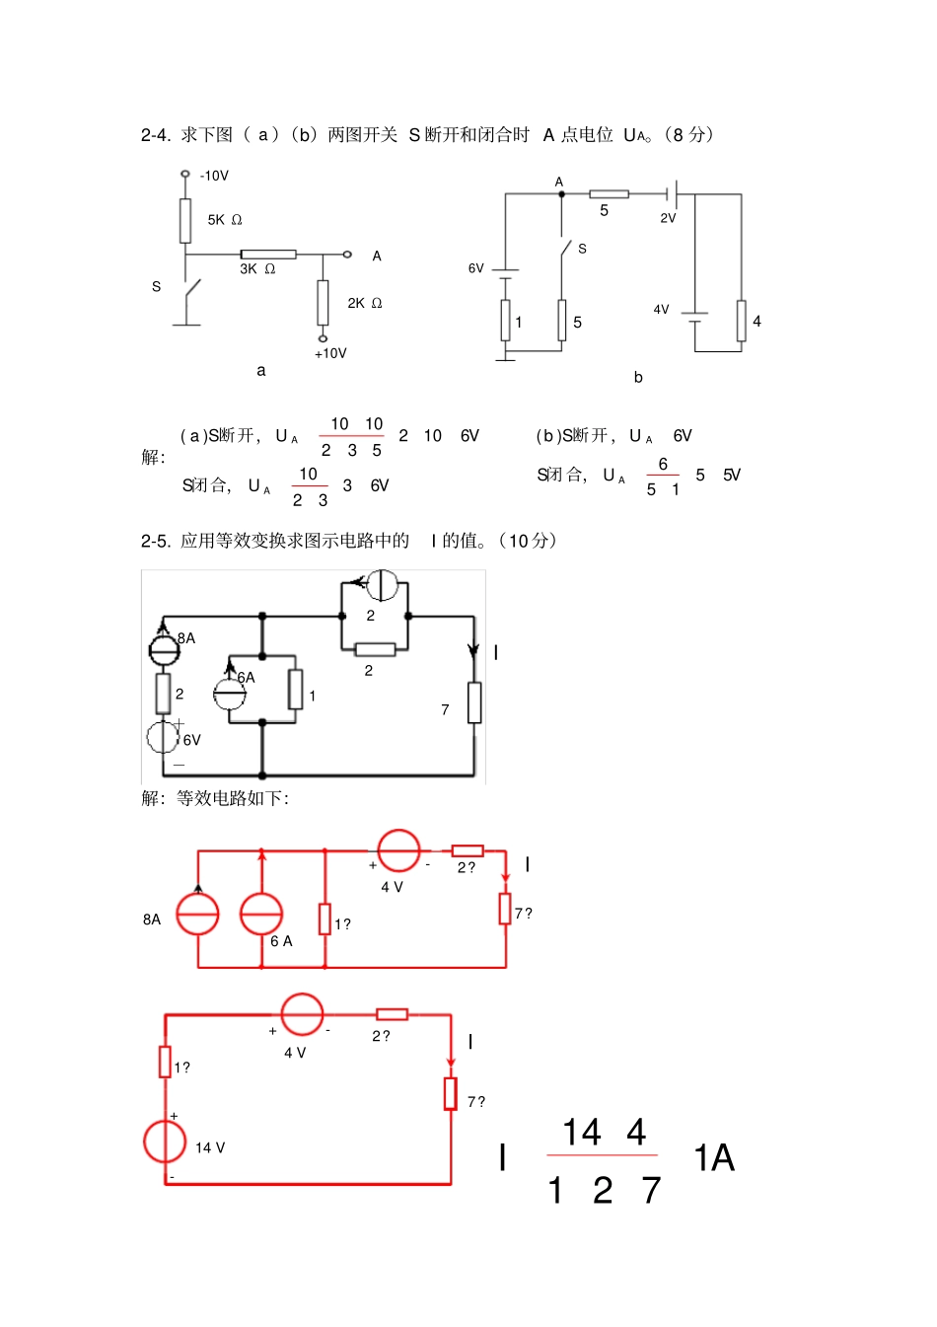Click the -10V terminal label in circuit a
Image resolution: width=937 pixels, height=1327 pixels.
[214, 176]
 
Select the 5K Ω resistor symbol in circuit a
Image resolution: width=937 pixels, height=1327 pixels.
[185, 220]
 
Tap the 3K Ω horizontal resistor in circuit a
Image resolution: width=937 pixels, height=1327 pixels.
[268, 255]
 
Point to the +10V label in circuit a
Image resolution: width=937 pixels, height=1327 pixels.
[330, 353]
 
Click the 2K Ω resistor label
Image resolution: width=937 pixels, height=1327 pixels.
[364, 303]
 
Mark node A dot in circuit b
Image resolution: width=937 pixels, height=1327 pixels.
[562, 194]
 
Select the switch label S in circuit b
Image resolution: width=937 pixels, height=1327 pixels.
[582, 249]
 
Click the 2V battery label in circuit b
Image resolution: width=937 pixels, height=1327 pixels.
[668, 218]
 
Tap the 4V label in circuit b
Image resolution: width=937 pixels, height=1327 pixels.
[661, 309]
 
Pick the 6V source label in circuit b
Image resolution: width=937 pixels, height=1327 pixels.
[475, 268]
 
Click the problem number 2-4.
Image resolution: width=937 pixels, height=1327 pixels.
[155, 135]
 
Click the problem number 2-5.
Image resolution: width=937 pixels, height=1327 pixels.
[155, 541]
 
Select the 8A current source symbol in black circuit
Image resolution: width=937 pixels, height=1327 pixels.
[164, 648]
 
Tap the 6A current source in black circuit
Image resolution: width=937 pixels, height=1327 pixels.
[230, 695]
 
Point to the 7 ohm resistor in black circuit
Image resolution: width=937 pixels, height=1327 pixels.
[474, 702]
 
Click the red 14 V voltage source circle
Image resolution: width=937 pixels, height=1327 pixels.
[165, 1142]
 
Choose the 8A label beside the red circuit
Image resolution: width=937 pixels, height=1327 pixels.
[152, 920]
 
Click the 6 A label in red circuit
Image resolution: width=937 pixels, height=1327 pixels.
[281, 941]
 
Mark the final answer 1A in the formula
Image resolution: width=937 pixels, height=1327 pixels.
[714, 1157]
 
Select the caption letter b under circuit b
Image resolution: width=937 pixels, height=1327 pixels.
[638, 377]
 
